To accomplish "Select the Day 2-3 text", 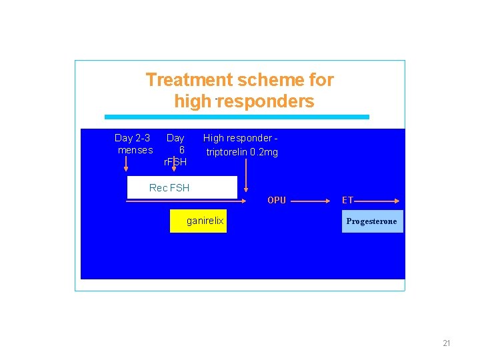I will click(132, 138).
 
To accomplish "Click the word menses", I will click(135, 150).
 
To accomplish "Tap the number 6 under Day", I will click(181, 150).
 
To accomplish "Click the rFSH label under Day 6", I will click(175, 162).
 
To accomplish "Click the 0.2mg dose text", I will click(265, 152).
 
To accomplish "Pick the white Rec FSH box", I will click(182, 187).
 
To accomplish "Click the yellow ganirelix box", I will click(198, 221).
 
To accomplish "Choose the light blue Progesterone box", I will click(372, 221).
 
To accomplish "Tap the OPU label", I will click(277, 200).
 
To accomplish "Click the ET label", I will click(347, 200).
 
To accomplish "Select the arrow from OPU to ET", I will click(312, 200).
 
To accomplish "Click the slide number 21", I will click(447, 343).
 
